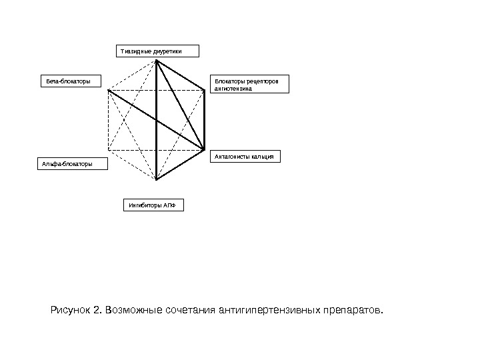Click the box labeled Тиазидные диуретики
pos(157,51)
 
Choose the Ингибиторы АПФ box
pos(153,205)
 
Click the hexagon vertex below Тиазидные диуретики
pos(157,61)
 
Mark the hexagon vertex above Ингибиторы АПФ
pos(156,180)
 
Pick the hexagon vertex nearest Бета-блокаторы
pos(109,90)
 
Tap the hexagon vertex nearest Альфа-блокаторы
pos(109,150)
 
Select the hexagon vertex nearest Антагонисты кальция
pos(204,149)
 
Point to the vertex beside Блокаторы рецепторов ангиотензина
pos(204,90)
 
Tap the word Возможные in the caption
pos(130,311)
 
